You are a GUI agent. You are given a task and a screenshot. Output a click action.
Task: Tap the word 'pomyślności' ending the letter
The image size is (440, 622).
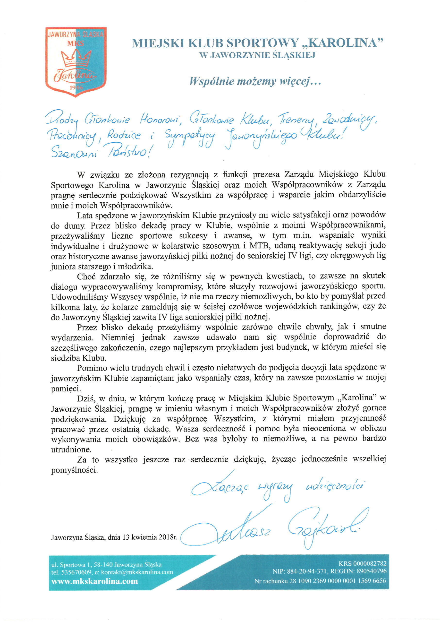coord(74,470)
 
